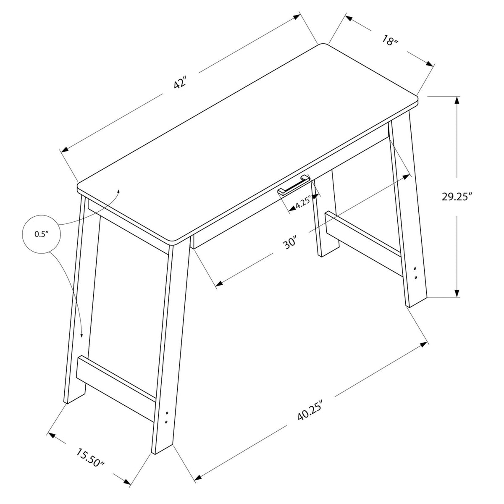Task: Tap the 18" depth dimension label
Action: (x=390, y=41)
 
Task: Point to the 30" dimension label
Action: (x=290, y=242)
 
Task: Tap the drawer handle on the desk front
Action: (x=294, y=185)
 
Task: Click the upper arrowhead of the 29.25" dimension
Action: (x=457, y=101)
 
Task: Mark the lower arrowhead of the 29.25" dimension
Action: (x=457, y=293)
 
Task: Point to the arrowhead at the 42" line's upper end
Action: (x=297, y=17)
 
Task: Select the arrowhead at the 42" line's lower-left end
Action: (x=65, y=150)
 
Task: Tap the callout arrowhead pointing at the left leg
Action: (x=81, y=335)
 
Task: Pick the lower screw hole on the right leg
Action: (x=416, y=277)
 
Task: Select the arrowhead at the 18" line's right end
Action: (x=430, y=64)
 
